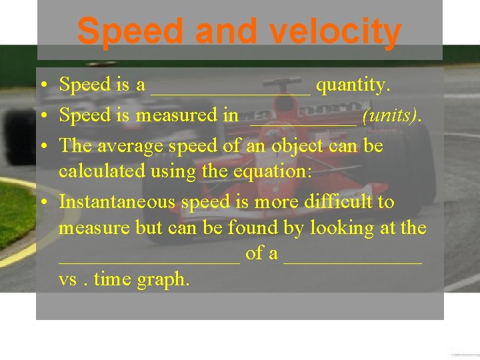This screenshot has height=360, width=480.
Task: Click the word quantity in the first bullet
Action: tap(353, 85)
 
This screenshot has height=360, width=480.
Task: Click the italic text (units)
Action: tap(391, 116)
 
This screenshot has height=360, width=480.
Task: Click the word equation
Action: tap(271, 171)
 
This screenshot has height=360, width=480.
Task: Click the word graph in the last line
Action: tap(163, 280)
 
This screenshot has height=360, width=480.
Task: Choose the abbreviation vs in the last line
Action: tap(67, 280)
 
